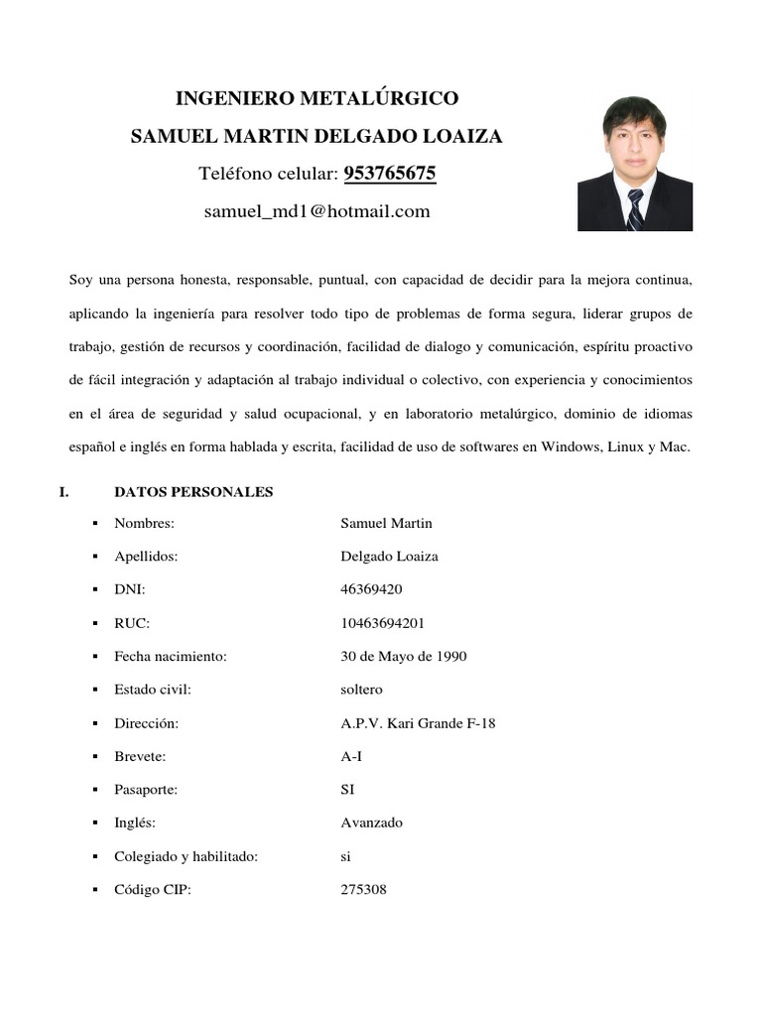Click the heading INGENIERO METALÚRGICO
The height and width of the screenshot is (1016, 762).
click(317, 98)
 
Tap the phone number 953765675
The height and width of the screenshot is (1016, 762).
click(390, 175)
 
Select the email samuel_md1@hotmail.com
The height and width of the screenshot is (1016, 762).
click(317, 211)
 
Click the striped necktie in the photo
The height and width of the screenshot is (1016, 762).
click(635, 208)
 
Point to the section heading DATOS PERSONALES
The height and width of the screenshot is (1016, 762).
click(193, 492)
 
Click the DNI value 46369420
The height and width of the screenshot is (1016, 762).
click(371, 589)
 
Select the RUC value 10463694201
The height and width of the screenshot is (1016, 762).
click(381, 623)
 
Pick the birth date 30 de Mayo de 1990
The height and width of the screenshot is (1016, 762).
click(403, 657)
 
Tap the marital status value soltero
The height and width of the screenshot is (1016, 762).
click(361, 690)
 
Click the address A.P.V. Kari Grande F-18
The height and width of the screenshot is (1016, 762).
click(418, 723)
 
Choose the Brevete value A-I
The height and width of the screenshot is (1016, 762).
click(351, 756)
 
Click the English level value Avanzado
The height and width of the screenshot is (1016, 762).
click(371, 823)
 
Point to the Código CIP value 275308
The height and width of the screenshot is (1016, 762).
click(363, 890)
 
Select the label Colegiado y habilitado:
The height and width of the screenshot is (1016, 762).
click(187, 856)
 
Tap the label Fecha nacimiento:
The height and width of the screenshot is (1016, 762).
click(171, 657)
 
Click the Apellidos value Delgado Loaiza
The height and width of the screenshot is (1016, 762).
click(389, 557)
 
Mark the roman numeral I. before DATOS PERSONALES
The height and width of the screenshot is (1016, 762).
click(64, 492)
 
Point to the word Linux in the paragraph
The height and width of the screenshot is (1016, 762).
click(621, 447)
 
